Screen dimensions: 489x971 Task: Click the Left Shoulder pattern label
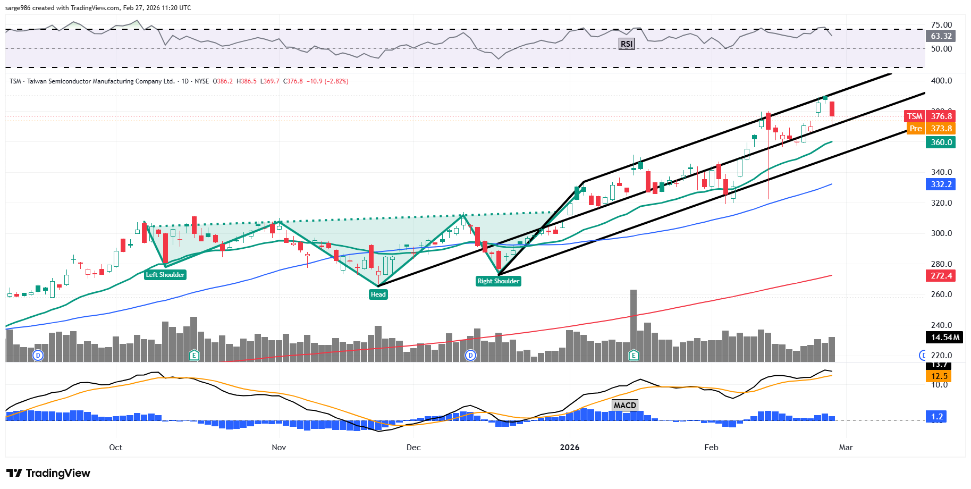point(165,275)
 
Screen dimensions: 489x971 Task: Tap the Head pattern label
point(378,294)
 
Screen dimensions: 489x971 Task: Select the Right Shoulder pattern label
point(498,281)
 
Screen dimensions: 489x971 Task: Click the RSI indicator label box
point(627,44)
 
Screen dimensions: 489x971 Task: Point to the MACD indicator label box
point(624,405)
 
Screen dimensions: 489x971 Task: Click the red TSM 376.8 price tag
point(930,116)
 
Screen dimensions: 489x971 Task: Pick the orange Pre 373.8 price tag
point(931,129)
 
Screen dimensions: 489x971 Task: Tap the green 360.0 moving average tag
point(941,142)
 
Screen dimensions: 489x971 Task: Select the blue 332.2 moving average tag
point(941,184)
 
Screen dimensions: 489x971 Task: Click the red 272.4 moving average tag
point(941,276)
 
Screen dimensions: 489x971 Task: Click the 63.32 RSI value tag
point(941,36)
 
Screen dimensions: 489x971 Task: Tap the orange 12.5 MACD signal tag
point(939,376)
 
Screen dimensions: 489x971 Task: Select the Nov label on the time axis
point(279,448)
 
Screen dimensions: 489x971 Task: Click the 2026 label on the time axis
point(570,448)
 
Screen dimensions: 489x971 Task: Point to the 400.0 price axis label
point(941,81)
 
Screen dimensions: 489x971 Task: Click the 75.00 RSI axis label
point(941,25)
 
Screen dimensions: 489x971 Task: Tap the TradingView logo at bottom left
point(48,473)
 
